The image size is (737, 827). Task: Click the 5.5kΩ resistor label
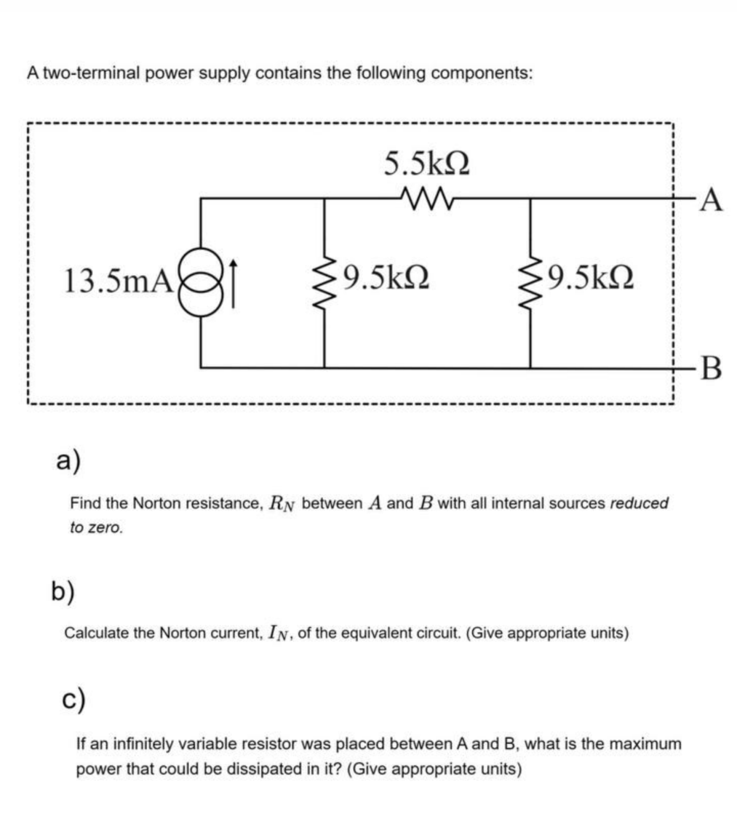click(426, 164)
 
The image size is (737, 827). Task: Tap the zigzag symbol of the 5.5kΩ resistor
click(427, 196)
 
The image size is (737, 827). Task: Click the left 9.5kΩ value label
click(384, 277)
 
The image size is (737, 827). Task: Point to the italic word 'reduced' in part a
click(639, 503)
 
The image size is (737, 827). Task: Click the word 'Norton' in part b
click(181, 633)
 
